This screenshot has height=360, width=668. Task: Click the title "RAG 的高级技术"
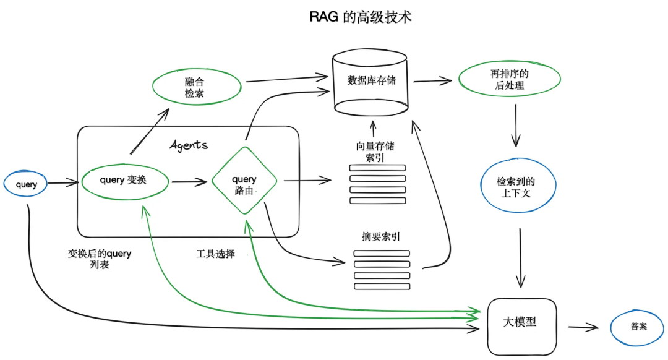click(361, 17)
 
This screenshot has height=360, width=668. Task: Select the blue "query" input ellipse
click(25, 184)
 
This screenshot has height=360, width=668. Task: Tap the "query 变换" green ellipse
click(124, 181)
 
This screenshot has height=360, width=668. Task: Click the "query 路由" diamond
click(244, 181)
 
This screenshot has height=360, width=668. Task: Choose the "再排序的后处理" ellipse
click(509, 80)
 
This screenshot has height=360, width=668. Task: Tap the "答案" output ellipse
click(638, 327)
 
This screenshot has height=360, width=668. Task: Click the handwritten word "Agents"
click(189, 145)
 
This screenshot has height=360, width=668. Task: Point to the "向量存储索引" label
click(375, 152)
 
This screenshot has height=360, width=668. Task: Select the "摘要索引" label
click(380, 236)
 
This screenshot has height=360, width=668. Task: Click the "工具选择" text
click(215, 254)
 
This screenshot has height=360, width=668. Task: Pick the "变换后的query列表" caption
click(100, 259)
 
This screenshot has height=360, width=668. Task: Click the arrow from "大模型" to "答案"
click(583, 327)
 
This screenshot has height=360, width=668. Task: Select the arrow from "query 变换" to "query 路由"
click(189, 182)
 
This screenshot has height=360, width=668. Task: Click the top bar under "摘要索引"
click(382, 253)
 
